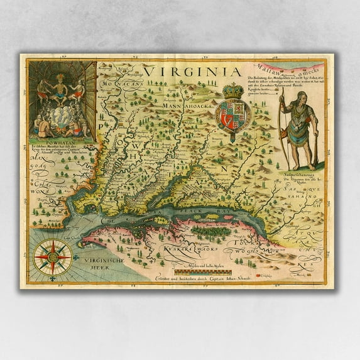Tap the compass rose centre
click(52, 256)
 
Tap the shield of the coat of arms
click(232, 114)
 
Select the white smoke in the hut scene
click(60, 117)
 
